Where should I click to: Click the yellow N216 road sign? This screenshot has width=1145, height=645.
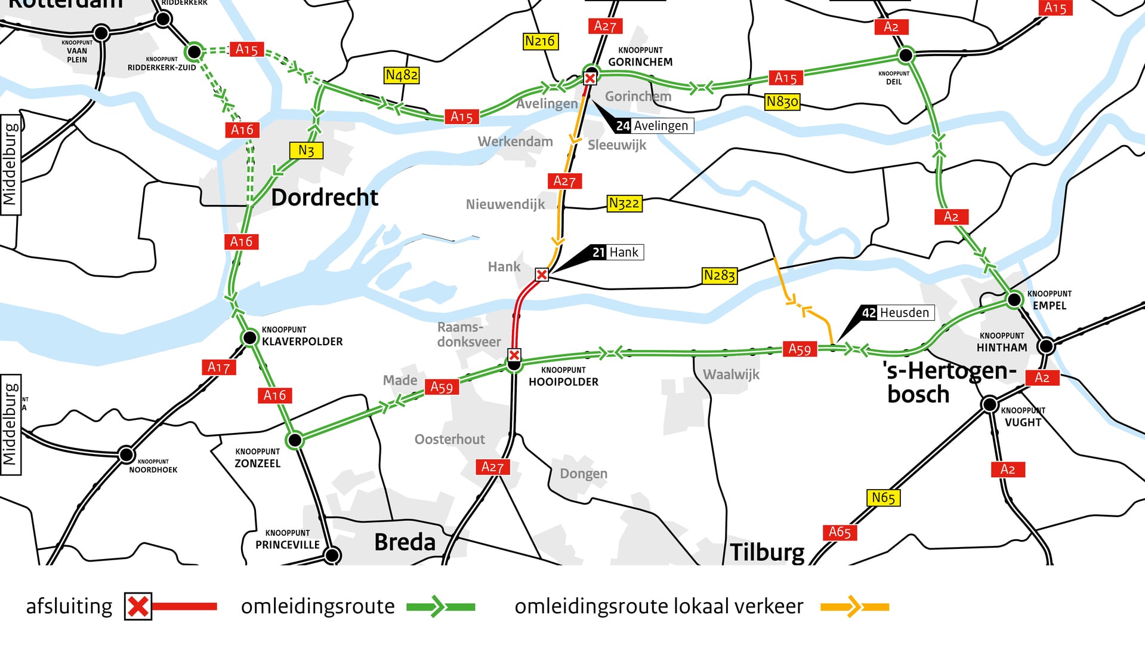point(539,41)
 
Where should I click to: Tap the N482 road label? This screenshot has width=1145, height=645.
point(401,75)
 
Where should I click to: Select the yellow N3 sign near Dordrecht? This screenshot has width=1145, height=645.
point(306,150)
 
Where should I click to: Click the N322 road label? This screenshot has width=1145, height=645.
point(624,204)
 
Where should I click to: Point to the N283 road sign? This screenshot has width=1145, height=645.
point(719,275)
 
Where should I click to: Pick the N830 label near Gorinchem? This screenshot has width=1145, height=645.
point(782,102)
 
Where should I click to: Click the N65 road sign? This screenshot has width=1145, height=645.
point(882,497)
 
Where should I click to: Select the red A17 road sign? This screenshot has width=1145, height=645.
point(218,367)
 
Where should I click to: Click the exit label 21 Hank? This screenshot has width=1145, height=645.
point(616,252)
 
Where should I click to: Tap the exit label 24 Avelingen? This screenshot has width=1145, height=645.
point(653,125)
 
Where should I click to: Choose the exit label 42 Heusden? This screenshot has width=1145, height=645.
point(896,312)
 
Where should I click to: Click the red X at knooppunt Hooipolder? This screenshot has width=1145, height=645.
point(514,355)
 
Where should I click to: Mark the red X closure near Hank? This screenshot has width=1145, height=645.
point(542,275)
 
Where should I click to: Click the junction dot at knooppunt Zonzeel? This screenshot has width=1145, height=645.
point(295,441)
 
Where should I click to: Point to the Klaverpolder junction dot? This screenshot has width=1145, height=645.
point(249,338)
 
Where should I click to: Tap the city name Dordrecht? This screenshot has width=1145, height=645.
point(325,198)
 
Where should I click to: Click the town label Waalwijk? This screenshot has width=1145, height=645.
point(731,374)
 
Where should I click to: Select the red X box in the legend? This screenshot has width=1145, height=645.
point(138,607)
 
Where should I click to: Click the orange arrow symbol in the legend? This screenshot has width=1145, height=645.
point(854,607)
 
